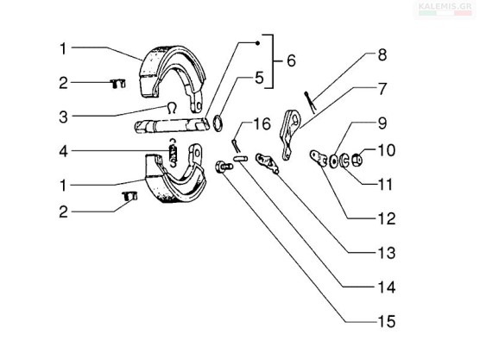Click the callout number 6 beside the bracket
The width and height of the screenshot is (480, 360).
291,60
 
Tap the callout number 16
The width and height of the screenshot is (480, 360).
262,124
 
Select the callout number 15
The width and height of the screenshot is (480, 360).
387,321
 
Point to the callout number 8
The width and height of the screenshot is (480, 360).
382,54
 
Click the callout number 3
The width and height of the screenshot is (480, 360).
63,117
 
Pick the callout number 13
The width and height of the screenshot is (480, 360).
387,253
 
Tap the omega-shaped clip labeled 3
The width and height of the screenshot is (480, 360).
172,108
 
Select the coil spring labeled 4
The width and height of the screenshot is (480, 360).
174,153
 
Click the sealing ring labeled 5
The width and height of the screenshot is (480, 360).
218,123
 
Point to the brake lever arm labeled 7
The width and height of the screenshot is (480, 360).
289,135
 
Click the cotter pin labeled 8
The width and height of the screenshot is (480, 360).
311,103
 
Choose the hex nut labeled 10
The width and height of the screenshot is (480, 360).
357,160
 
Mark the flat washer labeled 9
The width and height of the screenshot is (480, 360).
334,161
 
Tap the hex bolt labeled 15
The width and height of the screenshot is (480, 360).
224,167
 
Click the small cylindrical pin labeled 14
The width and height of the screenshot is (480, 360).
240,159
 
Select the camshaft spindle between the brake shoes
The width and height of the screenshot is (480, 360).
172,125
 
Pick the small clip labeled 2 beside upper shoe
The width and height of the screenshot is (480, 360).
117,84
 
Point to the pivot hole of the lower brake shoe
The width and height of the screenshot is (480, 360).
197,152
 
